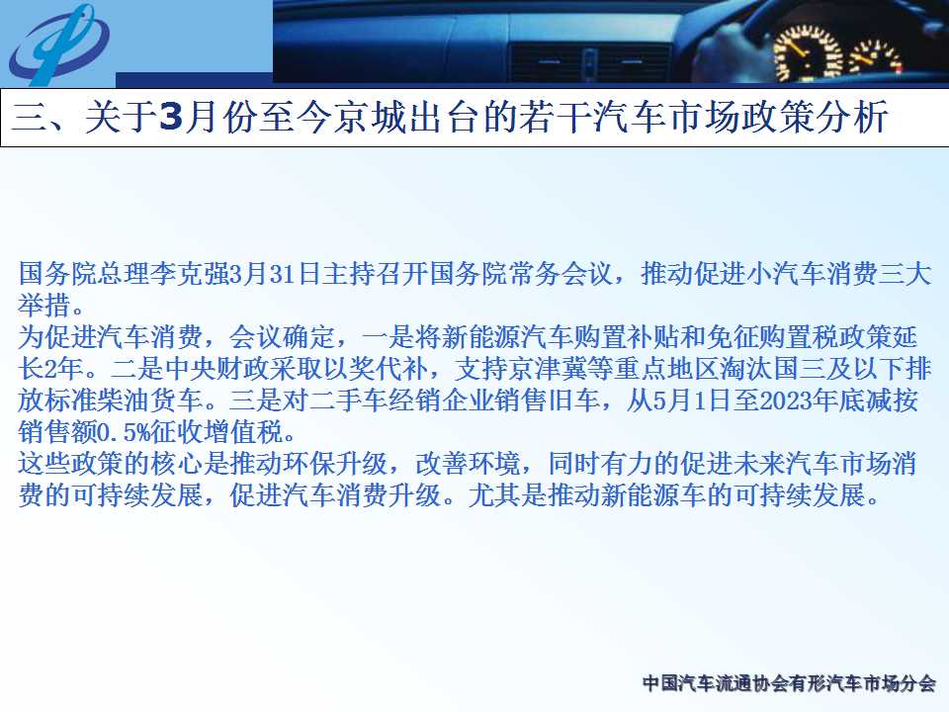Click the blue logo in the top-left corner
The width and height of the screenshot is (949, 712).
tap(58, 44)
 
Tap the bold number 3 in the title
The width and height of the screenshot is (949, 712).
tap(171, 117)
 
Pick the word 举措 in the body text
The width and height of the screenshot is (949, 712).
tap(44, 306)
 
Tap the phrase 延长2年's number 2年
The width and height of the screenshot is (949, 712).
tap(62, 369)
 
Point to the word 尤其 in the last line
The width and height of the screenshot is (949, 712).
tap(494, 494)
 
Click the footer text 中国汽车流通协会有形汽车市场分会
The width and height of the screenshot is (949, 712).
tap(789, 683)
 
